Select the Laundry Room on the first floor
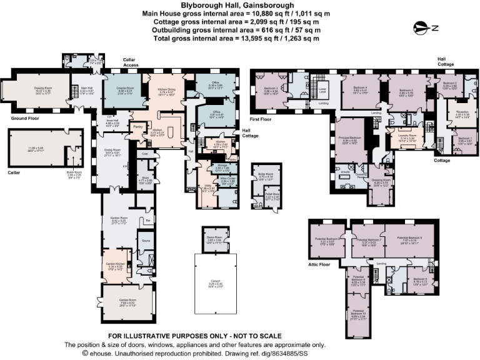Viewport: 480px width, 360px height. [x=407, y=139]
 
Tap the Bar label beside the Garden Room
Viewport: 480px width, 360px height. [x=148, y=221]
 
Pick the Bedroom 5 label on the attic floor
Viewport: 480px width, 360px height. [x=419, y=279]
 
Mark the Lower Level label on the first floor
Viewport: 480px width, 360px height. [x=322, y=89]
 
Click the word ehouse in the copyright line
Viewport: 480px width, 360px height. [x=102, y=353]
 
